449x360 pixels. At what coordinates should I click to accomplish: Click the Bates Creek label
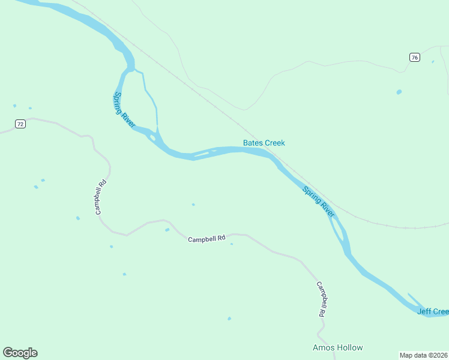(264, 143)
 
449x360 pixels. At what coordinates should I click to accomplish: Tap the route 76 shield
(415, 57)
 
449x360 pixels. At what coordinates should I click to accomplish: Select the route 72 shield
(20, 124)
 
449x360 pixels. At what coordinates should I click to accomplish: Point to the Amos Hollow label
(338, 347)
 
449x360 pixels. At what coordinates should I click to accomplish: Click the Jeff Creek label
(433, 311)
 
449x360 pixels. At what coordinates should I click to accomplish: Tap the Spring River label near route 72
(124, 109)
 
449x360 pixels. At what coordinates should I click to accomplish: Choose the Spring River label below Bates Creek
(319, 202)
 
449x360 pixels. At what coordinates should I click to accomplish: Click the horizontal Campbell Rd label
(206, 239)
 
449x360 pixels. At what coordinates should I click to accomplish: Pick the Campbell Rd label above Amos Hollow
(322, 299)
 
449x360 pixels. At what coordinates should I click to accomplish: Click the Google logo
(20, 353)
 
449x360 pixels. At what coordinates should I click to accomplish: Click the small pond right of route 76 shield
(433, 61)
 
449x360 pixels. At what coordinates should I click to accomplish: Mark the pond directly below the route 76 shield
(399, 92)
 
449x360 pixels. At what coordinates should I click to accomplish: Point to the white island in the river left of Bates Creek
(201, 154)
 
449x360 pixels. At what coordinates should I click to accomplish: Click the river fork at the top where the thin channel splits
(133, 70)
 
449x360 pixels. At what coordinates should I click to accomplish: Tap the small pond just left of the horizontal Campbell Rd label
(167, 230)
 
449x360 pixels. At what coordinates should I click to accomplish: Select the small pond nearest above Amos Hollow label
(229, 319)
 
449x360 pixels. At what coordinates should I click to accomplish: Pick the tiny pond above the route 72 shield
(14, 106)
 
